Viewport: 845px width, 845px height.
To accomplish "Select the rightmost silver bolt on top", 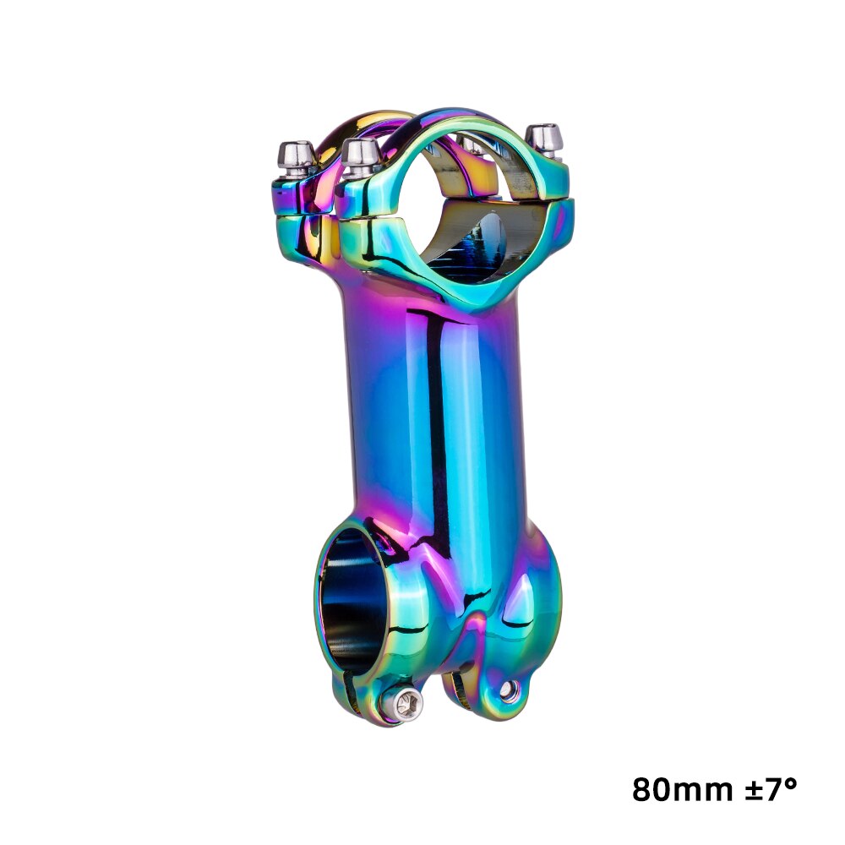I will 543,139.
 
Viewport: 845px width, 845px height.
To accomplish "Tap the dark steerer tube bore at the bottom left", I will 348,600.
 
